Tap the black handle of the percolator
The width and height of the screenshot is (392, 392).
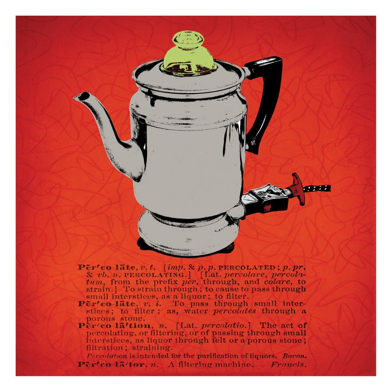pos(265,98)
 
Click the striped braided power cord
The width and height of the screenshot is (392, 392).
pos(318,187)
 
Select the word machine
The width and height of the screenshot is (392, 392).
pos(233,366)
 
